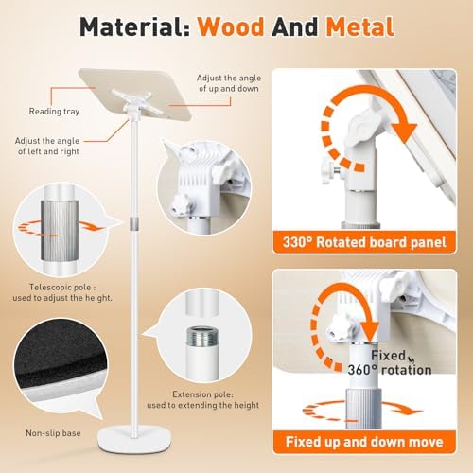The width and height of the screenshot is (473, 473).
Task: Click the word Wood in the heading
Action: [x=231, y=26]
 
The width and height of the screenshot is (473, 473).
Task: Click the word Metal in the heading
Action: [x=360, y=26]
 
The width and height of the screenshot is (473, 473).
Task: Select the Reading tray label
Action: [x=54, y=111]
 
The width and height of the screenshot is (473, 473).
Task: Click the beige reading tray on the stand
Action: [x=135, y=94]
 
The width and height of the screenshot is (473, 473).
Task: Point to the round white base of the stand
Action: [x=134, y=439]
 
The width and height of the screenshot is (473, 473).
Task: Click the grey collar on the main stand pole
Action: [x=134, y=222]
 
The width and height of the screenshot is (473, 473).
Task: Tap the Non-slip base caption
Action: [x=53, y=433]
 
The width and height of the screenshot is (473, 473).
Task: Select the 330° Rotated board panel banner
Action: [x=364, y=242]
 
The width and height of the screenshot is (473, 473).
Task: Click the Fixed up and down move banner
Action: [x=364, y=442]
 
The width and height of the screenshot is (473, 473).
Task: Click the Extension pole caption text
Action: [x=203, y=399]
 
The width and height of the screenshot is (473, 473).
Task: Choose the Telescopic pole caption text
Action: [x=62, y=292]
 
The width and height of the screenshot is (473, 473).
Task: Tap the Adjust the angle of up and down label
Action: [x=229, y=83]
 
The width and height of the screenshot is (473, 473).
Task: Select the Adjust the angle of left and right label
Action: [x=47, y=146]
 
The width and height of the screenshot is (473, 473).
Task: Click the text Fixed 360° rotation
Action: [x=390, y=362]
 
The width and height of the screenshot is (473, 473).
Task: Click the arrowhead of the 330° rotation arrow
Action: [x=405, y=132]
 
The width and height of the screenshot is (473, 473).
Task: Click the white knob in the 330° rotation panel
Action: [x=328, y=171]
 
